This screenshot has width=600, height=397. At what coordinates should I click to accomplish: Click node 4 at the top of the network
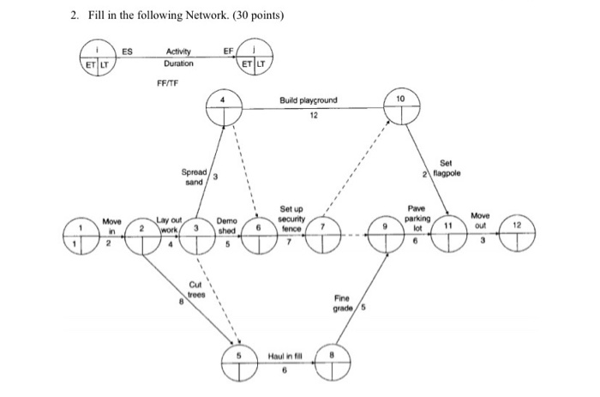pyautogui.click(x=225, y=109)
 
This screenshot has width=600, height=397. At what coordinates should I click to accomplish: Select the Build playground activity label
pyautogui.click(x=308, y=100)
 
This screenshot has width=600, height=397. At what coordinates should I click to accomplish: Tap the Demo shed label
pyautogui.click(x=227, y=226)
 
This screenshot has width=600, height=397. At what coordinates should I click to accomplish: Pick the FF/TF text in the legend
pyautogui.click(x=168, y=84)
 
